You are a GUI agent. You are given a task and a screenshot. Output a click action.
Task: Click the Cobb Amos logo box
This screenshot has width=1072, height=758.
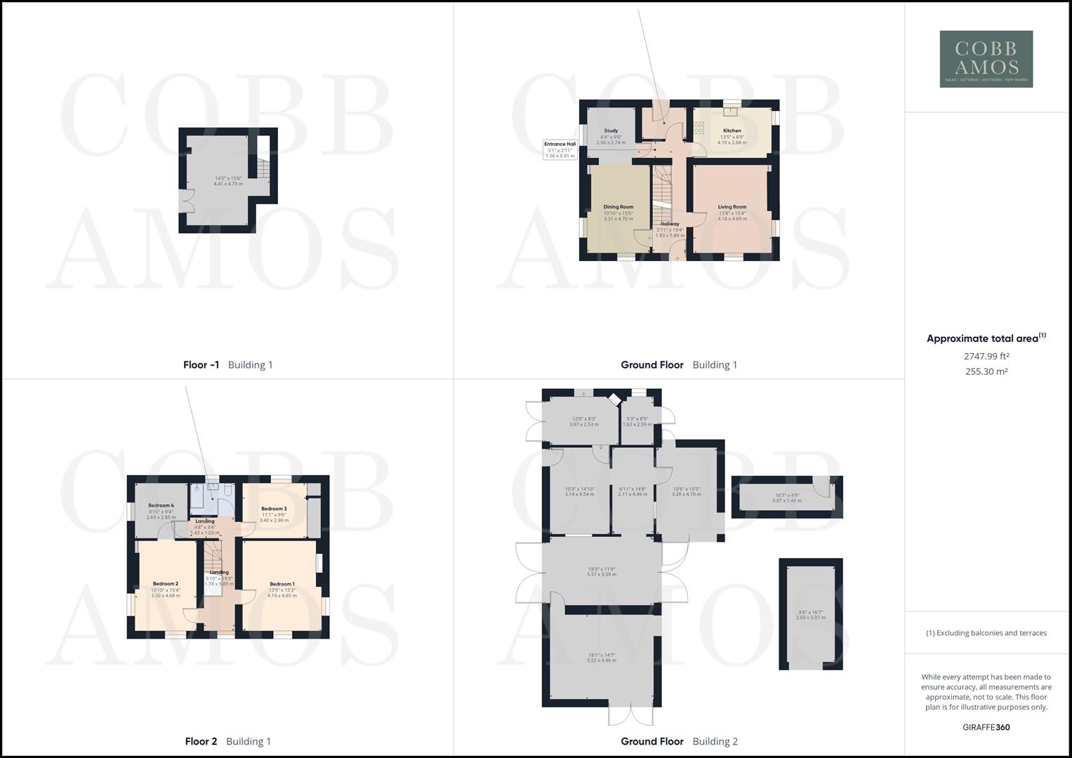tap(986, 59)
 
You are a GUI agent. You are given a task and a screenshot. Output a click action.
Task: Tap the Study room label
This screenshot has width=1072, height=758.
tap(611, 131)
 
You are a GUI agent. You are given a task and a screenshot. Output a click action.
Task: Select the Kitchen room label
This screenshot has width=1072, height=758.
tap(732, 131)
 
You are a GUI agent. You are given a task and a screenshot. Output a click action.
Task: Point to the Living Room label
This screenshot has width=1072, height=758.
tap(732, 207)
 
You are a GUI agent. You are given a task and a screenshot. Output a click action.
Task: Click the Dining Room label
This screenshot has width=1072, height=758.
tap(618, 207)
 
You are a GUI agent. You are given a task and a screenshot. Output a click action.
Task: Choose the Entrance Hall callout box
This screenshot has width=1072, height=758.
tap(560, 149)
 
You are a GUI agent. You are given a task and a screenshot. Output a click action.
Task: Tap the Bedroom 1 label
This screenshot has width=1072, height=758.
tap(282, 584)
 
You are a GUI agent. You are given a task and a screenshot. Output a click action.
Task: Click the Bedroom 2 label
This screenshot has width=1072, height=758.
tap(166, 584)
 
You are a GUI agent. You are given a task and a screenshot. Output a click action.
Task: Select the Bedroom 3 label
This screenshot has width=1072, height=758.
tap(274, 509)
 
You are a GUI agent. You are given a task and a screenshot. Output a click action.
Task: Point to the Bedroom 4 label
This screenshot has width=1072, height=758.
tap(161, 505)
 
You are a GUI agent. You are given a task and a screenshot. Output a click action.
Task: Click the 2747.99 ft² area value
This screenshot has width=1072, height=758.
tap(986, 357)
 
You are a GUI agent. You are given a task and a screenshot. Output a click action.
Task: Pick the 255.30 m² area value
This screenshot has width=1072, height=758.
tap(986, 372)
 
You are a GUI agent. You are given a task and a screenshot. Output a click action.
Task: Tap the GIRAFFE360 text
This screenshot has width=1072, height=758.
tap(986, 727)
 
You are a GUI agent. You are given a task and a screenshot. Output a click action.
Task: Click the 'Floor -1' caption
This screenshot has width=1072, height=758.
tap(201, 365)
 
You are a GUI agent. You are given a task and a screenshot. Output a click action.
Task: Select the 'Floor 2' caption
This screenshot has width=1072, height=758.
tap(201, 742)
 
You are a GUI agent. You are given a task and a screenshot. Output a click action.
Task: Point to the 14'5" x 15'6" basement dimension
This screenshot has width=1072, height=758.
tap(228, 178)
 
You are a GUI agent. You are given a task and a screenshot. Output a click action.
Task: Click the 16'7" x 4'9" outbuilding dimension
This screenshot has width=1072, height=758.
tap(786, 495)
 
